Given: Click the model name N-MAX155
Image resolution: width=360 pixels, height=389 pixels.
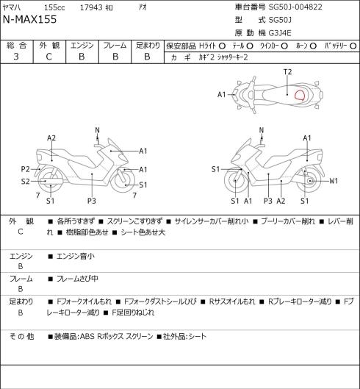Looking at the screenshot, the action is pyautogui.click(x=29, y=19).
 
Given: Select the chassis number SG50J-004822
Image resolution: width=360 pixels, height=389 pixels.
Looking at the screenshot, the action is pyautogui.click(x=295, y=7).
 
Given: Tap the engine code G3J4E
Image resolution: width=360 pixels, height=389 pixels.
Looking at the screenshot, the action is pyautogui.click(x=280, y=33).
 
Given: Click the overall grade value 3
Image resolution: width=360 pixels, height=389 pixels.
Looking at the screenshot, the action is pyautogui.click(x=16, y=57).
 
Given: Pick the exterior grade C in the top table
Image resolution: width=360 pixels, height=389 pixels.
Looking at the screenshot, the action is pyautogui.click(x=48, y=57).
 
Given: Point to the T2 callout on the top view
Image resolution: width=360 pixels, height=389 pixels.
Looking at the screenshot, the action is pyautogui.click(x=287, y=72).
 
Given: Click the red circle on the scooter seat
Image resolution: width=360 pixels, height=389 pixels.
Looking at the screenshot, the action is pyautogui.click(x=300, y=95).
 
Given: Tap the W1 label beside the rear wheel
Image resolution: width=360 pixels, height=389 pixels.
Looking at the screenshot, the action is pyautogui.click(x=334, y=181).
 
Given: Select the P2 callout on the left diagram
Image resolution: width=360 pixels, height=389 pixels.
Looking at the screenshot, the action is pyautogui.click(x=25, y=169).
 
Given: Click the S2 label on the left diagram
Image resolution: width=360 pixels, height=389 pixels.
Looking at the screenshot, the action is pyautogui.click(x=25, y=182).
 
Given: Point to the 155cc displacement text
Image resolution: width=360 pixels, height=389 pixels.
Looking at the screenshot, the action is pyautogui.click(x=54, y=7).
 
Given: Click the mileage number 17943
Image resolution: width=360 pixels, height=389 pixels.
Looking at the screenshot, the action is pyautogui.click(x=91, y=7).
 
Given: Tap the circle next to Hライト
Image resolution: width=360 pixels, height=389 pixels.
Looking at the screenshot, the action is pyautogui.click(x=222, y=46).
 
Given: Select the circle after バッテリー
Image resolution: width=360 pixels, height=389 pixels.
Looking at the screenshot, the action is pyautogui.click(x=353, y=46).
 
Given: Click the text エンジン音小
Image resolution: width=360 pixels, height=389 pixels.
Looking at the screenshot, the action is pyautogui.click(x=76, y=256).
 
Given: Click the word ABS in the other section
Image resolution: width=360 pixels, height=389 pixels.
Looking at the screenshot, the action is pyautogui.click(x=87, y=336).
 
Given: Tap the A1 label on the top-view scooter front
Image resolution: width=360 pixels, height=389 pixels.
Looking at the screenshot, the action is pyautogui.click(x=222, y=95).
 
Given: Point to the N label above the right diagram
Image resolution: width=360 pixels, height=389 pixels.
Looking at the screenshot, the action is pyautogui.click(x=262, y=130).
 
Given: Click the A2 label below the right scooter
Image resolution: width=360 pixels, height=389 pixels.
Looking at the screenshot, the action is pyautogui.click(x=281, y=201).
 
